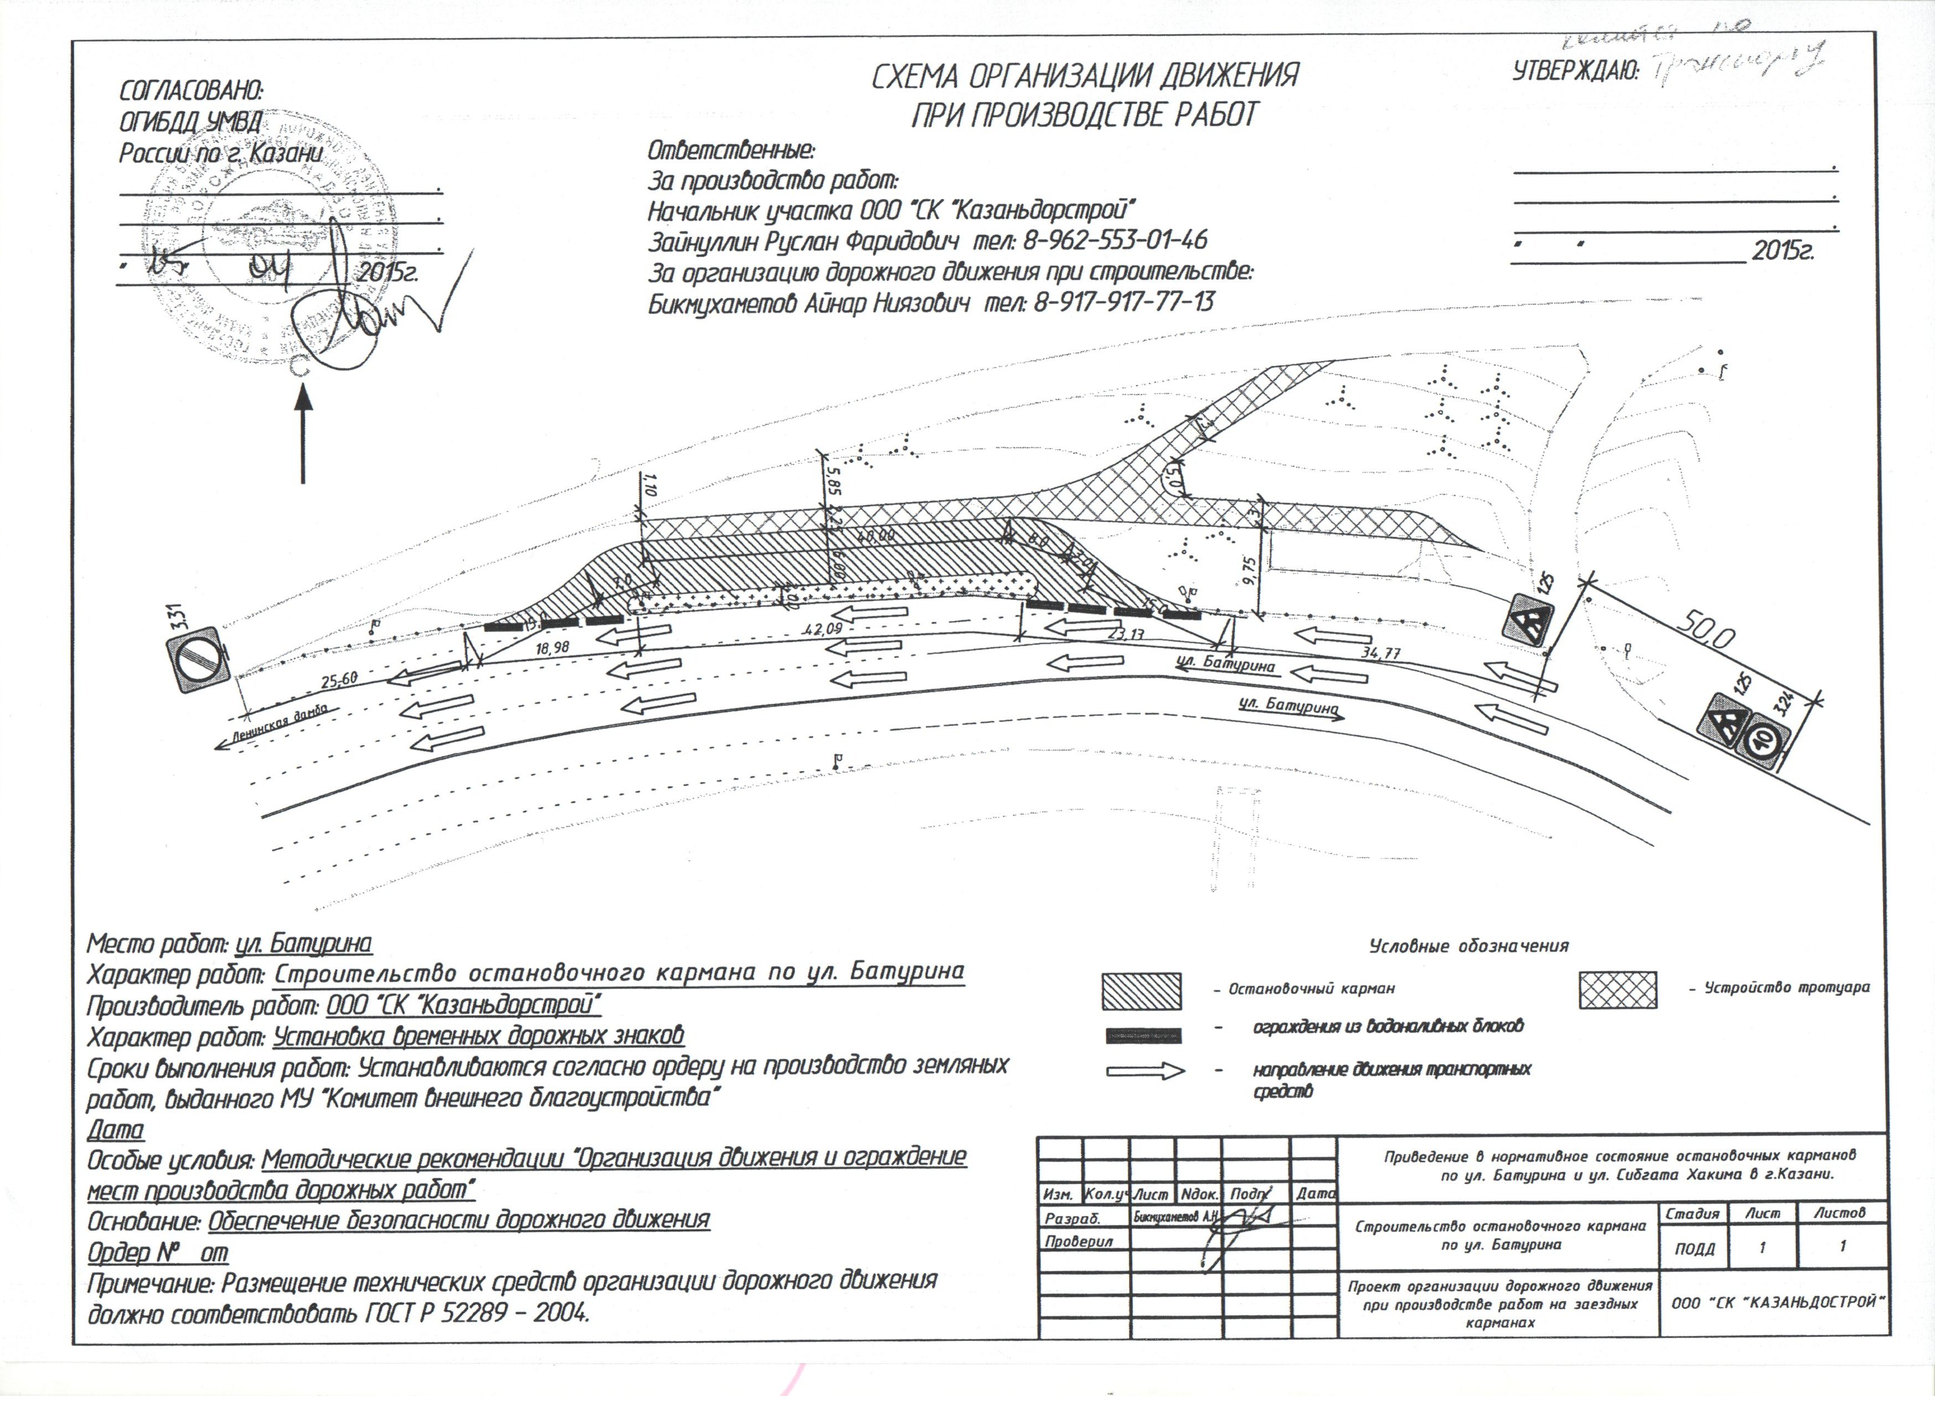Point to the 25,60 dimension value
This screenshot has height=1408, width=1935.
[339, 681]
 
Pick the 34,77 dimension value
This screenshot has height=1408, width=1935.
[1380, 654]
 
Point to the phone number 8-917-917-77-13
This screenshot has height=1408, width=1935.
[1124, 301]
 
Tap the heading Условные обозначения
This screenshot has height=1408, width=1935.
[1468, 945]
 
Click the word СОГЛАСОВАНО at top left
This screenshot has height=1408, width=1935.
[191, 91]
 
